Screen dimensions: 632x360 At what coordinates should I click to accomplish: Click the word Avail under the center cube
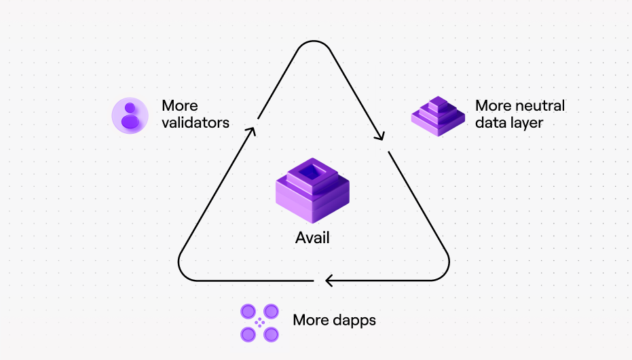click(312, 238)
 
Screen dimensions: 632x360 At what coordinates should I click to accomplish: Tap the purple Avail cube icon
click(312, 190)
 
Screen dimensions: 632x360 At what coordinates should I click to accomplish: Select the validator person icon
click(130, 115)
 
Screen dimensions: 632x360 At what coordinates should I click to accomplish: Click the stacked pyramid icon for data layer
click(438, 116)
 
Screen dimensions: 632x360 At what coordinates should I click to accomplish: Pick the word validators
click(196, 122)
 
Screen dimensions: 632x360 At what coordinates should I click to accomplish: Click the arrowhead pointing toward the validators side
click(251, 131)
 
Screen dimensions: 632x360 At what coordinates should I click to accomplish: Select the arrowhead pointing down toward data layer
click(379, 137)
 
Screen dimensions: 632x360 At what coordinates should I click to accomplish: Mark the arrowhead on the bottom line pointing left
click(329, 281)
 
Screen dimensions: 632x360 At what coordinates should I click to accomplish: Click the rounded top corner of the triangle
click(314, 41)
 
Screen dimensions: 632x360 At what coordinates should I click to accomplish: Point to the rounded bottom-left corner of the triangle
click(182, 272)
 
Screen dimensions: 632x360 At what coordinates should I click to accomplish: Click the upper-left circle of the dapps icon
click(248, 311)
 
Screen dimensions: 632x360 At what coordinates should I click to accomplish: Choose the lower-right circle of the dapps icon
click(271, 334)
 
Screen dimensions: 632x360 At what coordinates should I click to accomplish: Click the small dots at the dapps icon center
click(259, 323)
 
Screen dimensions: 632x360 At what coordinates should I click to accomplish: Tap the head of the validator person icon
click(130, 107)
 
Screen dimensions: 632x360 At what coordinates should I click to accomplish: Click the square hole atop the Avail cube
click(312, 173)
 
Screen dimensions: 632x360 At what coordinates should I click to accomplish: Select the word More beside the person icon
click(180, 105)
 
